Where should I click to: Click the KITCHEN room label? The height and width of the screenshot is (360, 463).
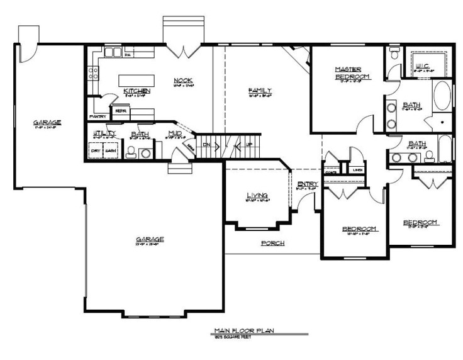point(137,91)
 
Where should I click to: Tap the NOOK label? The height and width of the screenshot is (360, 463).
point(183,81)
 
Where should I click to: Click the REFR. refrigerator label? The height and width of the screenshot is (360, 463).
point(120,110)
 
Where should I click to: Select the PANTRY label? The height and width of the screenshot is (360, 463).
point(97,116)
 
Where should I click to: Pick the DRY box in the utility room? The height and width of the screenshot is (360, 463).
point(96,151)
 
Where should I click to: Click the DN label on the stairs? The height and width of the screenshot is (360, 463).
point(206,145)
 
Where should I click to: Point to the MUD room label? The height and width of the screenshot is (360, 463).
point(176,133)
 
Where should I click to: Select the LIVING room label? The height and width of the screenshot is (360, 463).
point(257,196)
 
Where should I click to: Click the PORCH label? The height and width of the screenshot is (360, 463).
point(272,243)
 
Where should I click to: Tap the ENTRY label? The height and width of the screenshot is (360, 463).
point(306,184)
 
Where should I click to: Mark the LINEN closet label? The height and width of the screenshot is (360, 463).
point(357,169)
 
